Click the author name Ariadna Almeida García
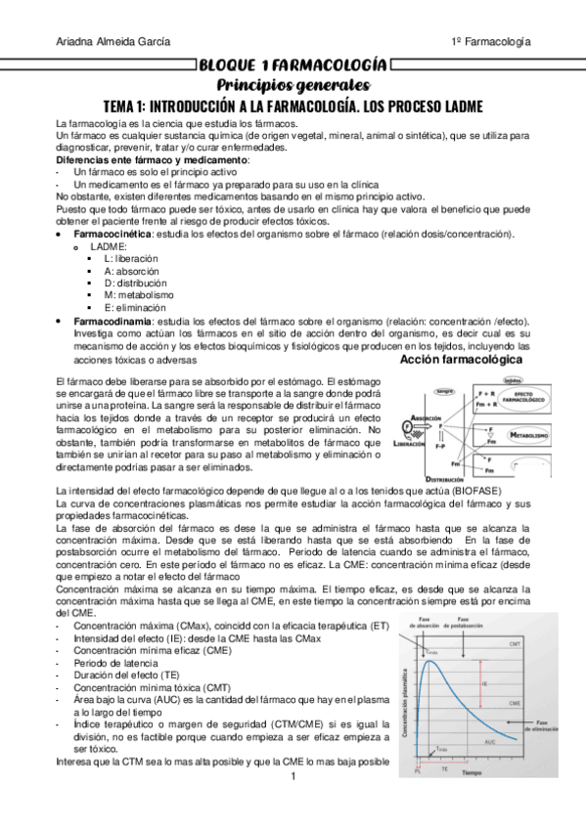pos(113,41)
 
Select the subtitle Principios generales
pos(292,85)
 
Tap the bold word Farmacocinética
pos(113,235)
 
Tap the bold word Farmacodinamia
pos(113,321)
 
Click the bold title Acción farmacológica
pos(462,360)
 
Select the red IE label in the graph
pos(484,685)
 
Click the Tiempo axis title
pos(472,772)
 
